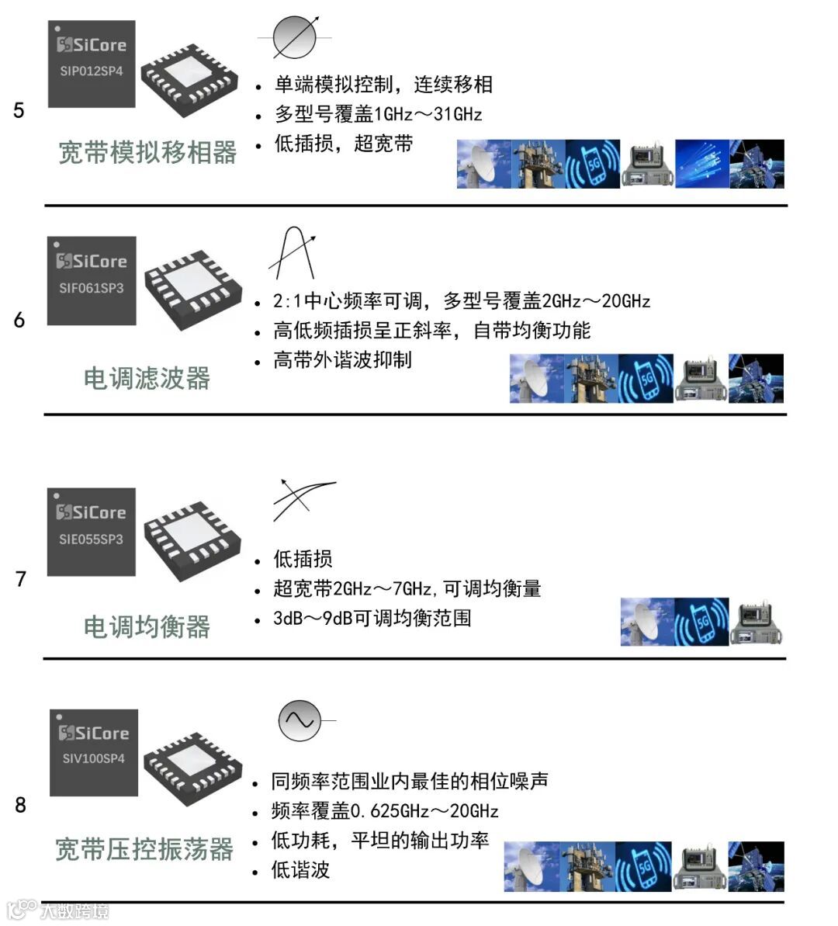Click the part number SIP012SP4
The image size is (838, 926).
pyautogui.click(x=92, y=71)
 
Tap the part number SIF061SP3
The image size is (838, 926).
pyautogui.click(x=92, y=288)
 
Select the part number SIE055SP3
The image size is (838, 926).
pyautogui.click(x=92, y=539)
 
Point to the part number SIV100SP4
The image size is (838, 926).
pyautogui.click(x=94, y=759)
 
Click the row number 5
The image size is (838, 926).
pyautogui.click(x=19, y=110)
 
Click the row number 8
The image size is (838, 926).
pyautogui.click(x=21, y=805)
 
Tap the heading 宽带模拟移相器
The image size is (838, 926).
pyautogui.click(x=147, y=152)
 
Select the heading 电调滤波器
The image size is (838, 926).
pyautogui.click(x=147, y=378)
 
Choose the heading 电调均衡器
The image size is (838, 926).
pyautogui.click(x=147, y=626)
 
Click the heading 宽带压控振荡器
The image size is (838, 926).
pyautogui.click(x=144, y=849)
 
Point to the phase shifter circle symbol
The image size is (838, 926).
pyautogui.click(x=295, y=37)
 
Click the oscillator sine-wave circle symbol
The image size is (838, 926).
pyautogui.click(x=300, y=720)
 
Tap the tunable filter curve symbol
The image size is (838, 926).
pyautogui.click(x=292, y=253)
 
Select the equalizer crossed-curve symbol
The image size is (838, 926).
pyautogui.click(x=303, y=500)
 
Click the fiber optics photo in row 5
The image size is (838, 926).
pyautogui.click(x=701, y=164)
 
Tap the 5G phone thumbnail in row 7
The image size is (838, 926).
pyautogui.click(x=701, y=621)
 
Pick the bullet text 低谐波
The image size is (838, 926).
pyautogui.click(x=300, y=870)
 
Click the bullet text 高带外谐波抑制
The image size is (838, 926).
pyautogui.click(x=342, y=359)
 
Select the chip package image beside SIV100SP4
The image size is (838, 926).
pyautogui.click(x=192, y=761)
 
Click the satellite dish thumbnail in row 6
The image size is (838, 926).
pyautogui.click(x=537, y=379)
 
